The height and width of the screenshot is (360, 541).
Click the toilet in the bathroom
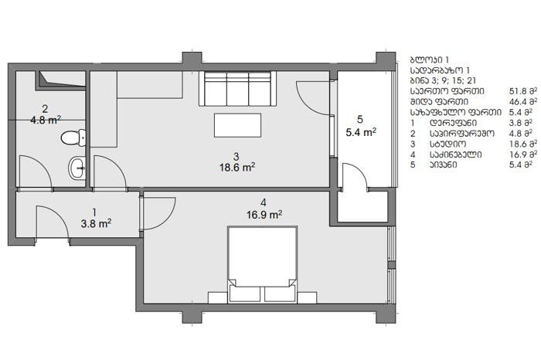point(73,138)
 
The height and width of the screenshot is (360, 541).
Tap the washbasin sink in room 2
point(77,168)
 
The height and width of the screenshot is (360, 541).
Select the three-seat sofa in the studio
point(237,89)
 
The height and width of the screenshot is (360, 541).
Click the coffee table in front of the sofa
point(237,125)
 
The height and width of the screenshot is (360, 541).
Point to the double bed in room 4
point(262,264)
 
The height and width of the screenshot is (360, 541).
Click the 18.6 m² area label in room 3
point(237,168)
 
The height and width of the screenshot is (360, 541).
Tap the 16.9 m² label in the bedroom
point(264,215)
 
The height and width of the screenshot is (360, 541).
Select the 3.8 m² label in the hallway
point(96,224)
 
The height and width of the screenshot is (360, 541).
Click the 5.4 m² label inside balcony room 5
point(361,132)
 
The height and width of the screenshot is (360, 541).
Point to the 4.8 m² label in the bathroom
point(46,121)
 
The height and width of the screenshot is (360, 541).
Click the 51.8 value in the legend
point(518,91)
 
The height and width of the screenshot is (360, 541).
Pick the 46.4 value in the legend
point(518,102)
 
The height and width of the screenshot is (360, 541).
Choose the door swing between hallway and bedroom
point(159,213)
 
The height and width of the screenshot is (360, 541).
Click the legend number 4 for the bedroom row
point(413,155)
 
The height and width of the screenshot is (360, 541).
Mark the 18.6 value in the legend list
point(518,144)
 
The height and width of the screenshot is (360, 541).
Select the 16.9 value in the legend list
point(518,155)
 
